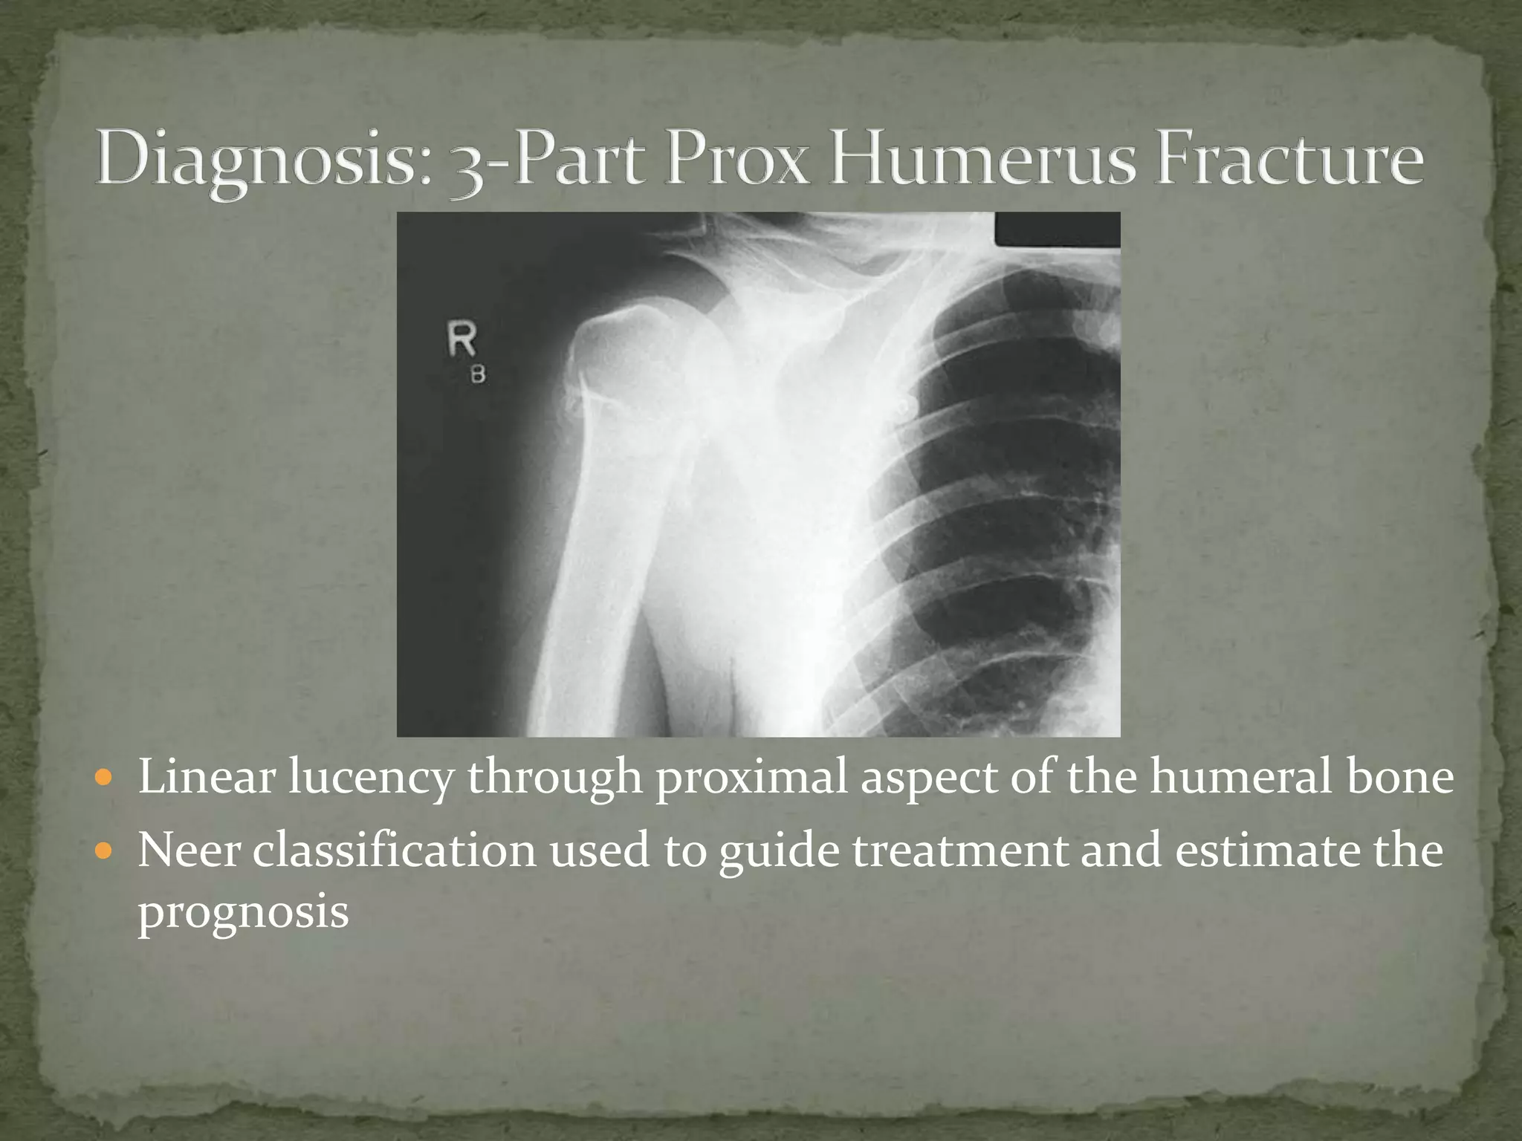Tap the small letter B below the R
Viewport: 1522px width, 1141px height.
coord(478,375)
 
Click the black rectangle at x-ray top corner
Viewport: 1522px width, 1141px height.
coord(1057,230)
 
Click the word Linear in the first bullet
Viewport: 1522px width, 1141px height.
coord(207,777)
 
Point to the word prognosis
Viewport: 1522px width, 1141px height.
coord(243,912)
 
